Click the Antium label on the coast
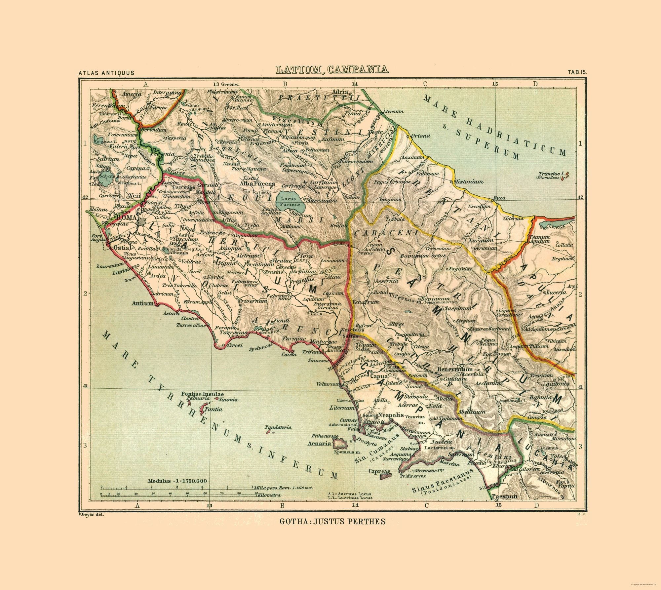142,303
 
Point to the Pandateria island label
279,427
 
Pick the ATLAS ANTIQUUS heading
106,73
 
